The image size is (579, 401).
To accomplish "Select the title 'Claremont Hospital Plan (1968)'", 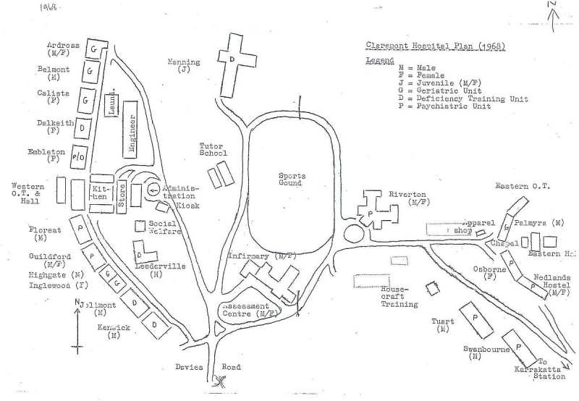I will pos(435,46).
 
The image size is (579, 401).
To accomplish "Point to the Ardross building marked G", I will pos(93,48).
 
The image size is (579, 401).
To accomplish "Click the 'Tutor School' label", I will pos(214,149).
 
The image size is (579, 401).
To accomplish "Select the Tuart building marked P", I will pos(476,317).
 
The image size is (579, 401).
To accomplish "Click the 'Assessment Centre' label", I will pos(251,310).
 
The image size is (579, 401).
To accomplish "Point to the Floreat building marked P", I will pos(80,227).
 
